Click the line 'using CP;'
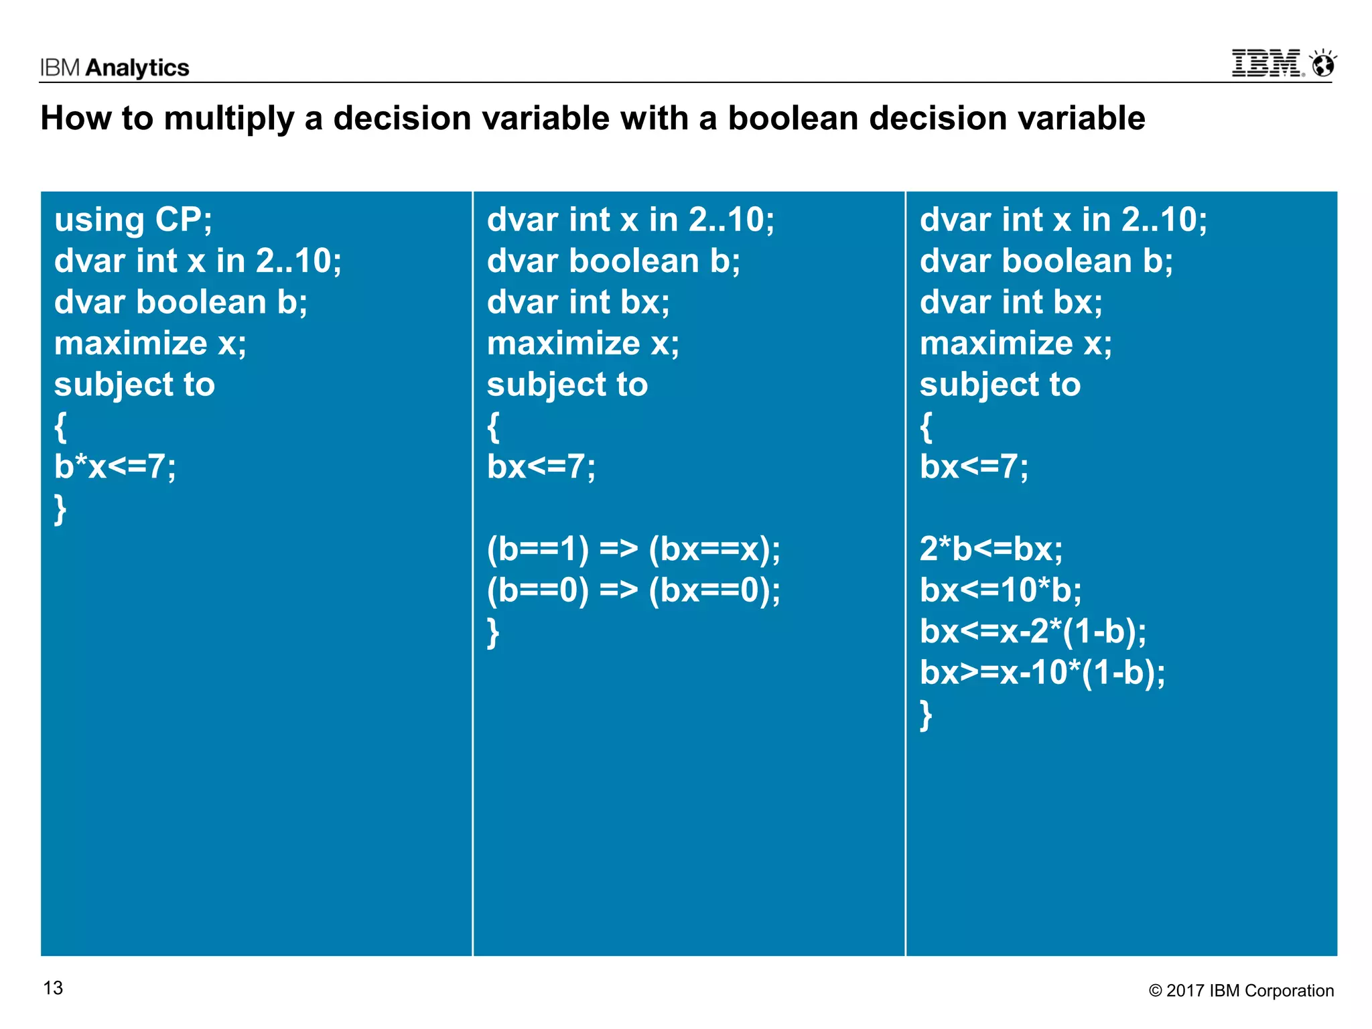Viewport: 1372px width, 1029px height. (x=133, y=220)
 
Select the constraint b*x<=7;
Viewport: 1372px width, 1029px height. (x=115, y=467)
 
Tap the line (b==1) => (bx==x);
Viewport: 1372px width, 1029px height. (x=633, y=549)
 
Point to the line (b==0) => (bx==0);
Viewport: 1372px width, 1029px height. (x=633, y=590)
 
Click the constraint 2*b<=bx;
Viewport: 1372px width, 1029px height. (x=991, y=549)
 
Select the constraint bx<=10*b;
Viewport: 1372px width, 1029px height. (x=1000, y=590)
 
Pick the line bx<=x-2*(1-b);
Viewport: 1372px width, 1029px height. (x=1032, y=631)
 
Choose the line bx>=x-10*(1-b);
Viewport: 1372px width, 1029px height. (x=1042, y=673)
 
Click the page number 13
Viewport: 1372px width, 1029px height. (x=53, y=988)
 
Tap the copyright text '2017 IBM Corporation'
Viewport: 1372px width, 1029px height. (x=1249, y=991)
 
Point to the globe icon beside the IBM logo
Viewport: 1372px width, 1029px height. (x=1323, y=64)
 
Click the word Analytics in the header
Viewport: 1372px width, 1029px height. (x=137, y=68)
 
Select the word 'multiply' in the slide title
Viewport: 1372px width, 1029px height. (x=228, y=119)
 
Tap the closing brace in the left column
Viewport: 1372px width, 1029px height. (x=60, y=509)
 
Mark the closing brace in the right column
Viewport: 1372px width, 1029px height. (x=926, y=715)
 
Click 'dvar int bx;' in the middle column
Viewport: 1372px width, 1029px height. (x=578, y=302)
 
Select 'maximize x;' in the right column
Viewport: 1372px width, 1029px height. (x=1016, y=344)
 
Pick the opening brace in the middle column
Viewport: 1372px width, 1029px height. (x=493, y=427)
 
